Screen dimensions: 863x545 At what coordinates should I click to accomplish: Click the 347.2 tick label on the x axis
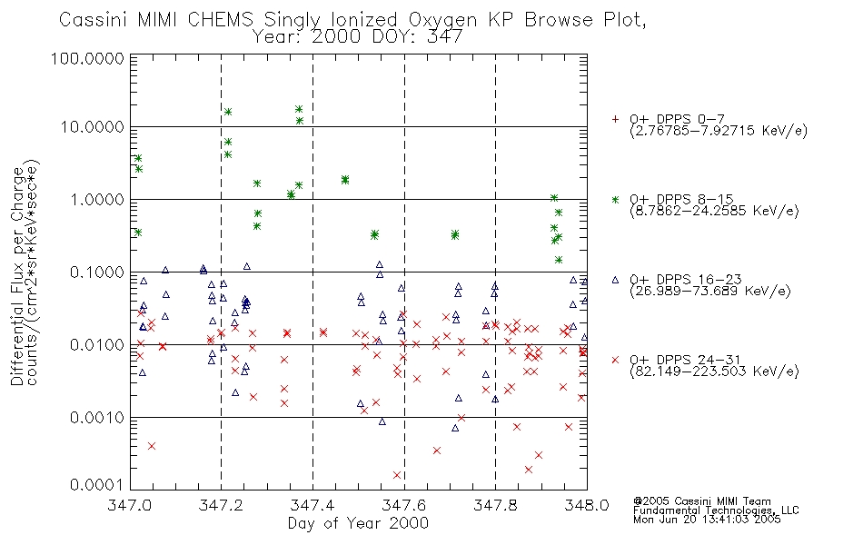point(221,505)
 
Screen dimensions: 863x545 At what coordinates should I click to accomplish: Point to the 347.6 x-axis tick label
point(404,505)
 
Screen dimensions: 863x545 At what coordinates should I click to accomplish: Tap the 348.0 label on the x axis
point(587,505)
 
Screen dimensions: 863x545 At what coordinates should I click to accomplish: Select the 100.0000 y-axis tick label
point(88,58)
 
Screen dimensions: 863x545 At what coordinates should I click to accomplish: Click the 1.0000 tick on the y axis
point(97,199)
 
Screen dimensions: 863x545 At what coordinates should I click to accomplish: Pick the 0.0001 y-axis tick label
point(97,485)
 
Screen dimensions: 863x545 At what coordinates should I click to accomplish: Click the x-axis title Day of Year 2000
point(358,523)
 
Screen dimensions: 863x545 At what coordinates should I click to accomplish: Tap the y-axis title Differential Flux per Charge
point(17,276)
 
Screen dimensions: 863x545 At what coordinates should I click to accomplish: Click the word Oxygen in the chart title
point(442,20)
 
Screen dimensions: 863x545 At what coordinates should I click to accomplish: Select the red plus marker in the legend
point(615,119)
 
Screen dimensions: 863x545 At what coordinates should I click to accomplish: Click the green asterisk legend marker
point(615,200)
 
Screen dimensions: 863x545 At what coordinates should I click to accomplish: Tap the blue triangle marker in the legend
point(615,280)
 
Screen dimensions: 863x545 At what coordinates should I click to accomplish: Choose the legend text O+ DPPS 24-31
point(685,360)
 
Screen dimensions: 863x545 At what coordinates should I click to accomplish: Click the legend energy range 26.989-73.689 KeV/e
point(710,292)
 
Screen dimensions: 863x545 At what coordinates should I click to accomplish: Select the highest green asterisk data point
point(299,109)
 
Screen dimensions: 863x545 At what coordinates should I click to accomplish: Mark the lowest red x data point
point(397,475)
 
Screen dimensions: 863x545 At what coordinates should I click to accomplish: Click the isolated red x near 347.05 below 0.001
point(152,446)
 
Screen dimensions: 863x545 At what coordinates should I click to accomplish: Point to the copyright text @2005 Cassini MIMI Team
point(701,501)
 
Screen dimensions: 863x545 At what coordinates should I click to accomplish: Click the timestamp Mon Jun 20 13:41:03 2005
point(707,520)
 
